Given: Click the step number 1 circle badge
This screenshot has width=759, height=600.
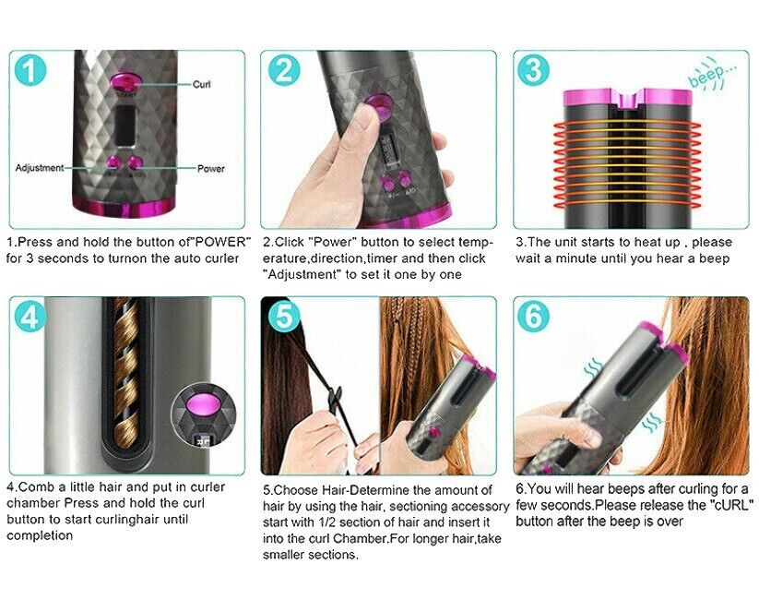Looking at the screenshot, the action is [x=30, y=70].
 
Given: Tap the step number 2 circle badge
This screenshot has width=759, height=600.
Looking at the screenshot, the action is [x=284, y=70].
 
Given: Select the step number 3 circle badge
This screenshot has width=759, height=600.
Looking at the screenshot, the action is [x=533, y=70].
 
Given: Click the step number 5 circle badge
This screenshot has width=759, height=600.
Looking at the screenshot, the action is [x=284, y=316].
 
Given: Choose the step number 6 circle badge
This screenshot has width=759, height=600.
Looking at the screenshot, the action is [x=533, y=317].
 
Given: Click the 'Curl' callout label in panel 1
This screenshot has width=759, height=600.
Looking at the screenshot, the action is [x=201, y=84].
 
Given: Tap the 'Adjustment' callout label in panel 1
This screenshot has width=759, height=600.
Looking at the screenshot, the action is [x=40, y=168].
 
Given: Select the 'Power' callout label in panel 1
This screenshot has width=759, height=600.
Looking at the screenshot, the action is [x=211, y=169].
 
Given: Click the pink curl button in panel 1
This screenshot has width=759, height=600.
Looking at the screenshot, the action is [x=125, y=81].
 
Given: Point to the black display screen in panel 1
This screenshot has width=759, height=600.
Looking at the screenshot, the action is [x=125, y=126].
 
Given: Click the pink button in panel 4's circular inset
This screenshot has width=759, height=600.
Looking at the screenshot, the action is [x=203, y=404].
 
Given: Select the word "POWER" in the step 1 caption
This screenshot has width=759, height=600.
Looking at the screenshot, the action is [x=221, y=242].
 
